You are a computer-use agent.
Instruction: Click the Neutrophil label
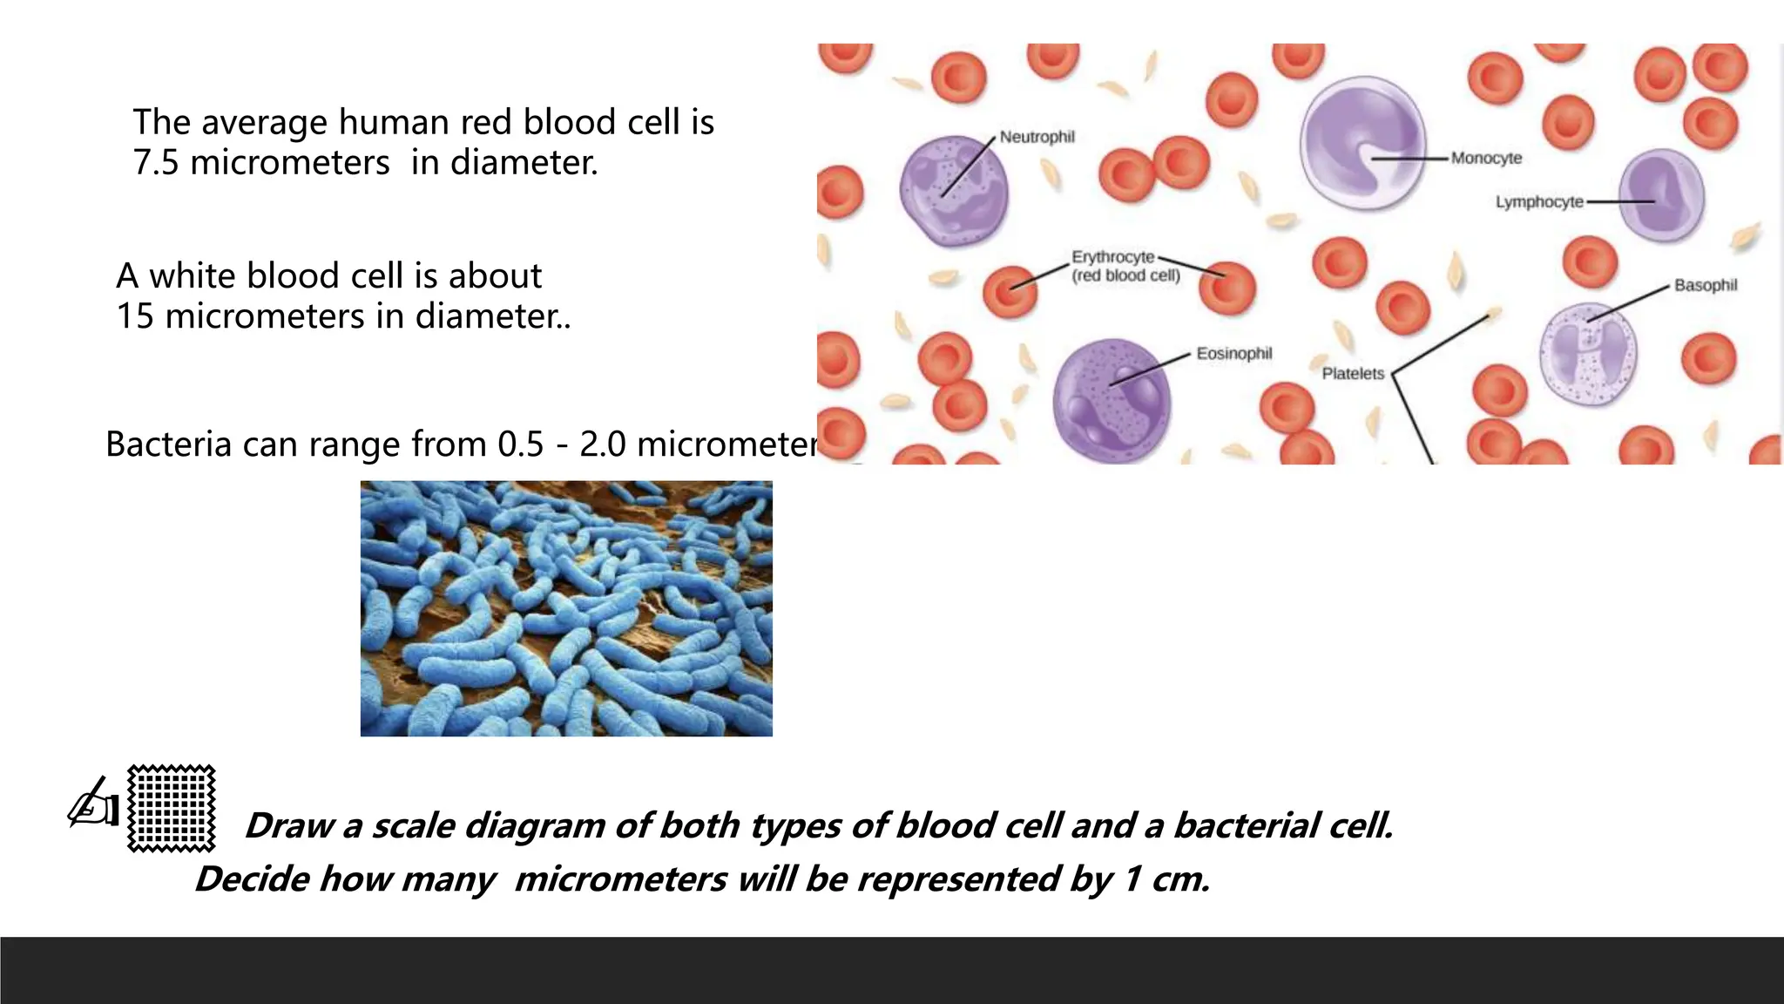pos(1037,137)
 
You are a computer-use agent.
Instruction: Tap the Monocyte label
pos(1486,158)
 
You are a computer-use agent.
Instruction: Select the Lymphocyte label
pos(1538,202)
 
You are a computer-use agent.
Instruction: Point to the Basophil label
pos(1705,285)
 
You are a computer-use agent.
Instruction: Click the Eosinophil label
pos(1233,353)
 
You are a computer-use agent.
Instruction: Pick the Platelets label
pos(1352,374)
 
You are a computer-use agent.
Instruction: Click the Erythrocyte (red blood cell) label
pos(1125,266)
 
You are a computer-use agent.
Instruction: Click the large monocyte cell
pos(1362,144)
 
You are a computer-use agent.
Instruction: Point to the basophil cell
pos(1588,354)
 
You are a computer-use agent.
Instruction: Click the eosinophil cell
pos(1112,400)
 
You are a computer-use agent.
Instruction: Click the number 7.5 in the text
pos(155,163)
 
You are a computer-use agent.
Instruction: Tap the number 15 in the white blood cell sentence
pos(135,316)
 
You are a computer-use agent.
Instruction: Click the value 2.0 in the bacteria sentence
pos(603,444)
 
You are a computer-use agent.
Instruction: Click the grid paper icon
pos(172,808)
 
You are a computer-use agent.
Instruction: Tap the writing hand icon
pos(93,803)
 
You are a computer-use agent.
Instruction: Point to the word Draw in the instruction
pos(289,825)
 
